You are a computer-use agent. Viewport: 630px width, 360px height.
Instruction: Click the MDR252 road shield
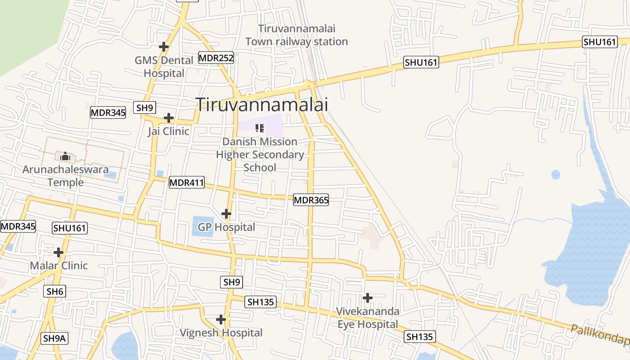(216, 58)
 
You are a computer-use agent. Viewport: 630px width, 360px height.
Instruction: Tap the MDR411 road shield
(187, 183)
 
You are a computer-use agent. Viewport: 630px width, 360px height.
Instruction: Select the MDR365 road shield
(311, 200)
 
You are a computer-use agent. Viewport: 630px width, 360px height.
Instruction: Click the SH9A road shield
(55, 338)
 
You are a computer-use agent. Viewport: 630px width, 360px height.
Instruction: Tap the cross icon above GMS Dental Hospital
(164, 46)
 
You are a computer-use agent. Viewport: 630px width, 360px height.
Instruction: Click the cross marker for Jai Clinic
(169, 118)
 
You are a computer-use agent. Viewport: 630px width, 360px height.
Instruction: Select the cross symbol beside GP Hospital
(226, 214)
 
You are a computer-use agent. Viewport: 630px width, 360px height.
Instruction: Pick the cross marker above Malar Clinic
(58, 252)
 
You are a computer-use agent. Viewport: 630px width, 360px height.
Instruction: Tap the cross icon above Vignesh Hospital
(220, 319)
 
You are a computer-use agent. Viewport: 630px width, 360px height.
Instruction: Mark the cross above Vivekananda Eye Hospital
(368, 297)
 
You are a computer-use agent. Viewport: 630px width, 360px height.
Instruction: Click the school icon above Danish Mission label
(260, 128)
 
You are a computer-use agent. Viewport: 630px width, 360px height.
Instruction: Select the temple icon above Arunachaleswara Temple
(65, 157)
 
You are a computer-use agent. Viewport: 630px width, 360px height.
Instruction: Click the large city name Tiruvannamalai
(262, 105)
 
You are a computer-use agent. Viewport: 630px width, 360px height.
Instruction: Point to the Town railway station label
(297, 35)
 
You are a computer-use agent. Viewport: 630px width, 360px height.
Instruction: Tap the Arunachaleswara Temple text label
(66, 176)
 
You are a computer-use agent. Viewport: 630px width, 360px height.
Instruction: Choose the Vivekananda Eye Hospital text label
(368, 318)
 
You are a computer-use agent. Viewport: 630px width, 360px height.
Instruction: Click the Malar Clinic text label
(59, 265)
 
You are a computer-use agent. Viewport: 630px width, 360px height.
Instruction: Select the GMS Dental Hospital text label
(164, 67)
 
